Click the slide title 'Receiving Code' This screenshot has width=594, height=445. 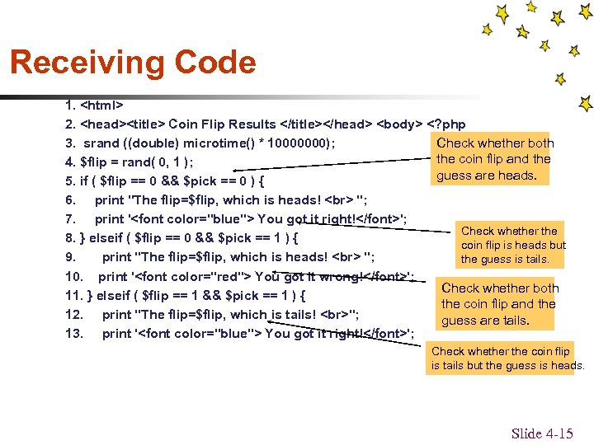point(133,63)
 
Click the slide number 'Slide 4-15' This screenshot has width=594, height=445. point(542,433)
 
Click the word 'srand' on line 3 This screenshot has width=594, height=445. point(102,143)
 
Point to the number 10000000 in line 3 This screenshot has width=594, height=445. point(304,143)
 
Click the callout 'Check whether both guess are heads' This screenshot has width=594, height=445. point(495,159)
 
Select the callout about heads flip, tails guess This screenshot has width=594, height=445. point(513,245)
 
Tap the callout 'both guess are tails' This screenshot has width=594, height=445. point(500,304)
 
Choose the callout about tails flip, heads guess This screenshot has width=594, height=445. point(507,358)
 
